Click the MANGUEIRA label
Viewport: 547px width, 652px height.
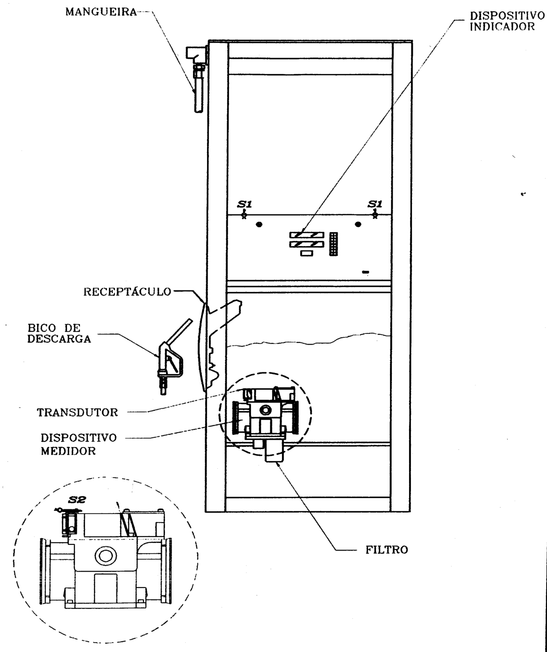point(101,12)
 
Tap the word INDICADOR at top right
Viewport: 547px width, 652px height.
point(503,27)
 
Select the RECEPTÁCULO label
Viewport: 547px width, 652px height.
point(127,291)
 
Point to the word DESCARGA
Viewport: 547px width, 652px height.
point(59,339)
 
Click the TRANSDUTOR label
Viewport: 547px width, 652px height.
point(78,413)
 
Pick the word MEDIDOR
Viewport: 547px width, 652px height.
point(68,451)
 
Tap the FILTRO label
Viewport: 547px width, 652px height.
point(387,550)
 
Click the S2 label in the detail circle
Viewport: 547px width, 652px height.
point(77,500)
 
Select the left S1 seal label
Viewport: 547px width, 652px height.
point(245,204)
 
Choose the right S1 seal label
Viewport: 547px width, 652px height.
point(374,204)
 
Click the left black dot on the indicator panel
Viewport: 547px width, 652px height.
point(259,224)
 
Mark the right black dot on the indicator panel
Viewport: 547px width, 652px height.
point(358,224)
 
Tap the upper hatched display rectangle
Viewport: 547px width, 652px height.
point(307,235)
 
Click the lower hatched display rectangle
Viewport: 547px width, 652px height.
point(307,244)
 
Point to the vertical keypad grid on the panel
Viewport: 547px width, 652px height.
point(333,244)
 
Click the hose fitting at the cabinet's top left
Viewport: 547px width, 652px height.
point(197,79)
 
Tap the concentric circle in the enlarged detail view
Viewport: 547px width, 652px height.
point(106,556)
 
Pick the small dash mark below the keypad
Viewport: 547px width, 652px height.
point(366,272)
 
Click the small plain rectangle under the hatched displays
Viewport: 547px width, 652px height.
point(307,253)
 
